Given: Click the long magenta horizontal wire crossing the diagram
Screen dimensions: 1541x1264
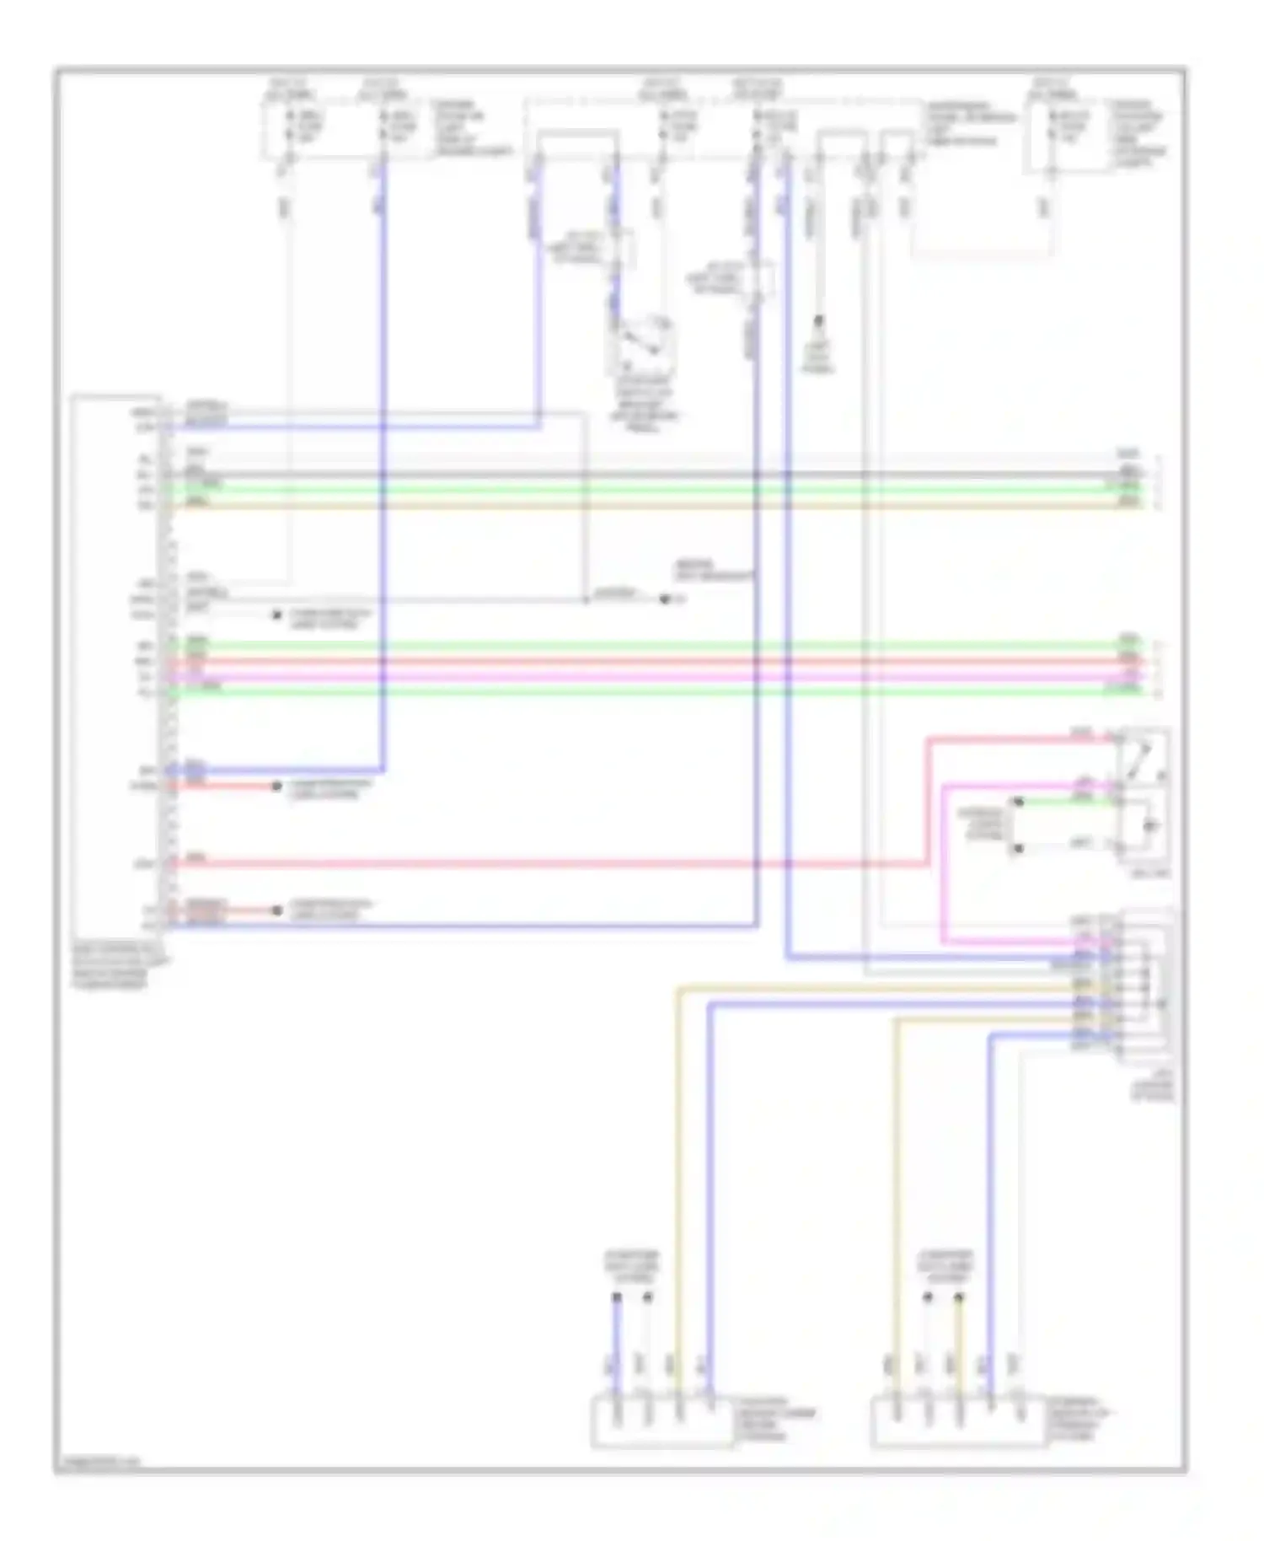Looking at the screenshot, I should point(640,676).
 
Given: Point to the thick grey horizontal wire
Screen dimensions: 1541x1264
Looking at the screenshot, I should point(640,475).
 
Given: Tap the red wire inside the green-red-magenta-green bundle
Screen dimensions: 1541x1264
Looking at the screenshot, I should point(640,661).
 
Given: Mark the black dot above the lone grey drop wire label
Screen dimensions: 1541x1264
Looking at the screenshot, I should point(817,321).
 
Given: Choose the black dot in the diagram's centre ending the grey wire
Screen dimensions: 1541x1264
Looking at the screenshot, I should point(664,600).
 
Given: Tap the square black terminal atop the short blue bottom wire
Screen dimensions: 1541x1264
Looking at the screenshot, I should point(616,1298).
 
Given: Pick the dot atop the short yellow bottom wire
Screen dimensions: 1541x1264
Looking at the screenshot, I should point(958,1298).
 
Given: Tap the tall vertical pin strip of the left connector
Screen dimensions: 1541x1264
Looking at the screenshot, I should point(165,666).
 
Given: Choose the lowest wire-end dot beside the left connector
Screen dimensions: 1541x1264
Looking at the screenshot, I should point(276,910).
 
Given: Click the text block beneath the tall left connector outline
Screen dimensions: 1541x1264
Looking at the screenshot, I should point(120,966).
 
